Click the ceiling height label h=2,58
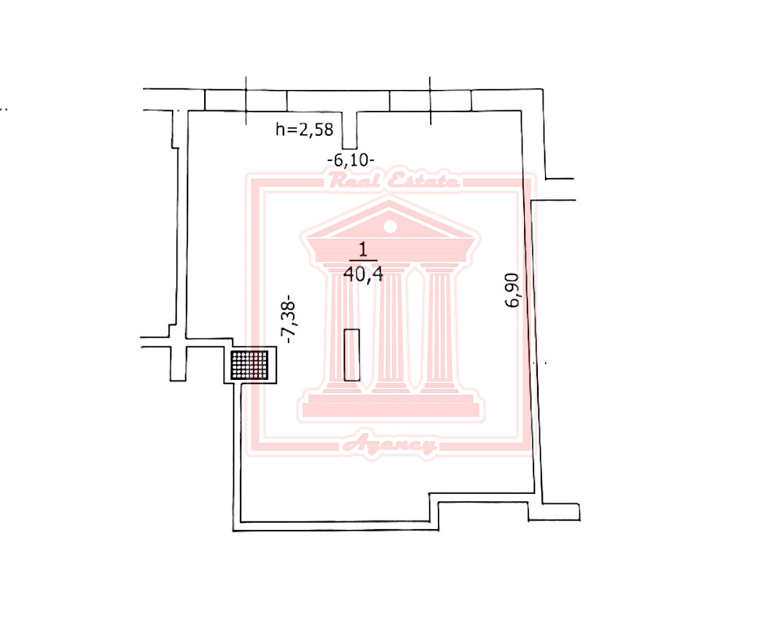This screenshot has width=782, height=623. [304, 130]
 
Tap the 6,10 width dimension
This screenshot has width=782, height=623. [351, 160]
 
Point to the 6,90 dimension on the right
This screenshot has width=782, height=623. [512, 290]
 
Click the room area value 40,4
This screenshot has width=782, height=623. [363, 274]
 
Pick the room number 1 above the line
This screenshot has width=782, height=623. [363, 249]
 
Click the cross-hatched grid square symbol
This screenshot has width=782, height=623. [249, 365]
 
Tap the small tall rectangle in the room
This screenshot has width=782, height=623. [352, 355]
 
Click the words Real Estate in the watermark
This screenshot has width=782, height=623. [393, 180]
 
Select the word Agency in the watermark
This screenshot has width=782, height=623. [389, 443]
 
